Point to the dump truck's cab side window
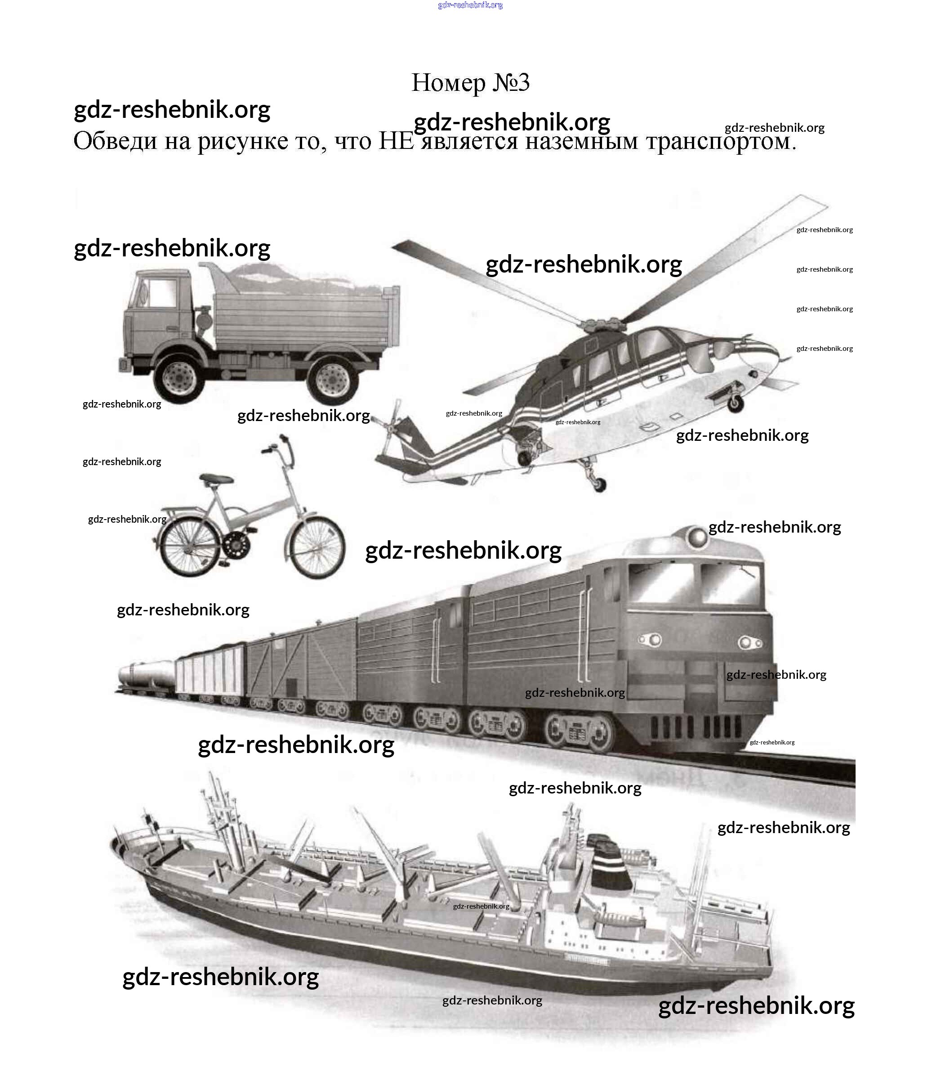(x=162, y=293)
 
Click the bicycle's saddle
(x=216, y=479)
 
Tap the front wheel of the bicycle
(x=317, y=547)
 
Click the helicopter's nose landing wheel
(x=736, y=403)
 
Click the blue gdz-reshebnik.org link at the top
(x=470, y=5)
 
